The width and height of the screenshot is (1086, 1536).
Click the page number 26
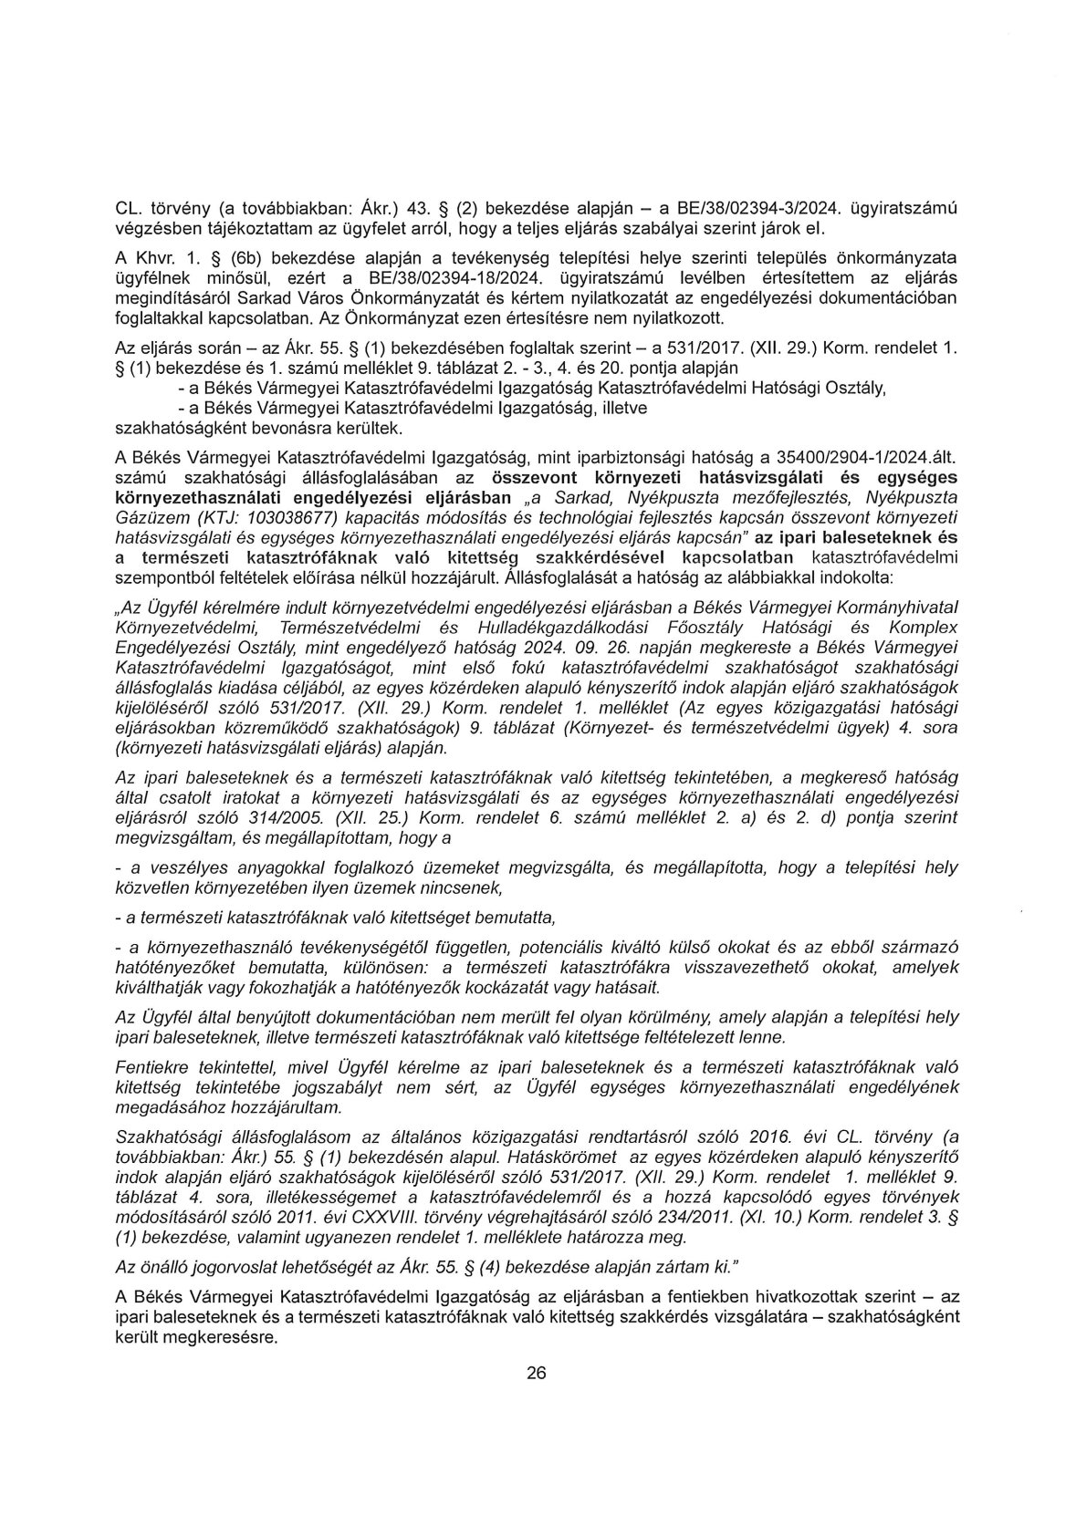point(536,1375)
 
